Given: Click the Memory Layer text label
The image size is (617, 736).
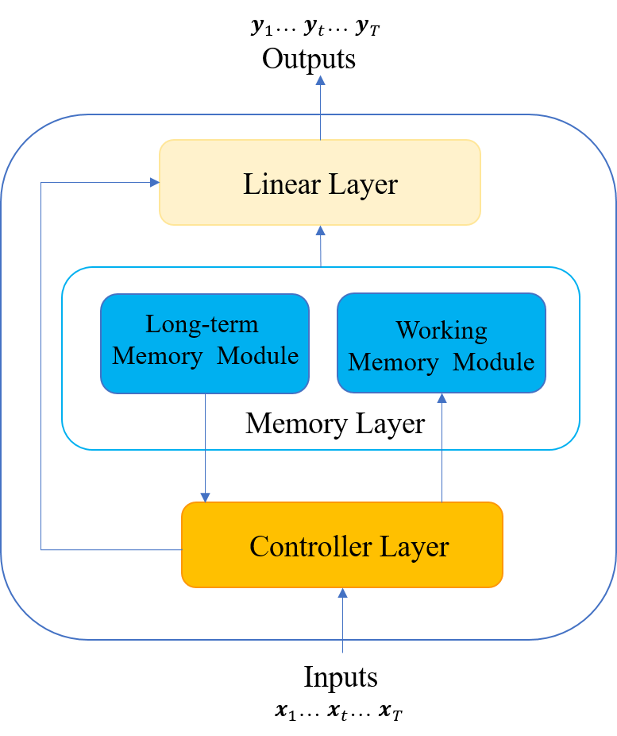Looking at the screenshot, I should point(335,424).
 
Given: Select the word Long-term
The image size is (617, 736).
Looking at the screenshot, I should point(202,324).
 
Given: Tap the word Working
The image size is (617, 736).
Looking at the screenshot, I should point(442,330).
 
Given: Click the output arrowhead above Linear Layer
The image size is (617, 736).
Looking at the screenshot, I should point(320,80).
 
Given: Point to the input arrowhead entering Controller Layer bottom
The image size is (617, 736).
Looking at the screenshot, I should point(342,593).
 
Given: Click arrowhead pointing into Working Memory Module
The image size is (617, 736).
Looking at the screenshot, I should point(442,398).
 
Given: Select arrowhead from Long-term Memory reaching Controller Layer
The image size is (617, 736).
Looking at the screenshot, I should point(205,497).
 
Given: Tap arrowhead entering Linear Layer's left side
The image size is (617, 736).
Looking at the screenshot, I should point(154,182).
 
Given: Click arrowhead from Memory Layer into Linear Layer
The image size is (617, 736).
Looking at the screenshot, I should point(320,230).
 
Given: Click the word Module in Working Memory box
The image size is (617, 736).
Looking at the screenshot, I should point(493,362).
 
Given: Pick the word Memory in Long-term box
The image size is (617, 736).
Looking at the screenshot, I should point(157,356).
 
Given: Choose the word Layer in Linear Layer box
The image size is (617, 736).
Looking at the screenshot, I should point(361,184).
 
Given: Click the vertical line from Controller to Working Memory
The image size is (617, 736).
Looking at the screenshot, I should point(442,453).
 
